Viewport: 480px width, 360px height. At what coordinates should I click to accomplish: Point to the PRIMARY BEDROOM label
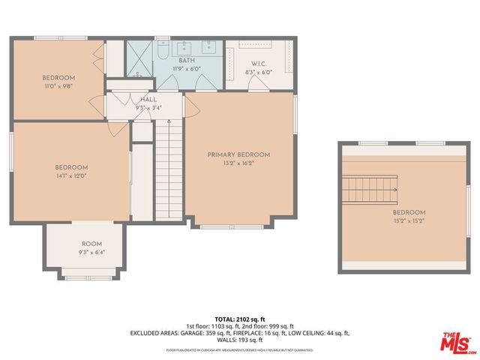pos(238,154)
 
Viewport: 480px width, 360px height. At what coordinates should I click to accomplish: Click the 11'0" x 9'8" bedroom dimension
pos(58,86)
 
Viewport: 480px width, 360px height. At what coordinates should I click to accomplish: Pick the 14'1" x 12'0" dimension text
pos(71,175)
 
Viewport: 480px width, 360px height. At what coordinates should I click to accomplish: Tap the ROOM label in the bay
pos(91,244)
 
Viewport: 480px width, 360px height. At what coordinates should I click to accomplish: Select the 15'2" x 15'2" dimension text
pos(409,220)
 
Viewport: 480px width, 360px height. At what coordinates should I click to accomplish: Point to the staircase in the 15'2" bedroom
pos(370,190)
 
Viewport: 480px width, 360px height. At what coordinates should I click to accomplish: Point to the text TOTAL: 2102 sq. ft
pos(241,319)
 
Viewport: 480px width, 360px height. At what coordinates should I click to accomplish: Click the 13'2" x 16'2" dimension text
pos(238,163)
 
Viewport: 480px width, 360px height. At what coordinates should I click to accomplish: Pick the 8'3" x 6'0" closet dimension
pos(259,71)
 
